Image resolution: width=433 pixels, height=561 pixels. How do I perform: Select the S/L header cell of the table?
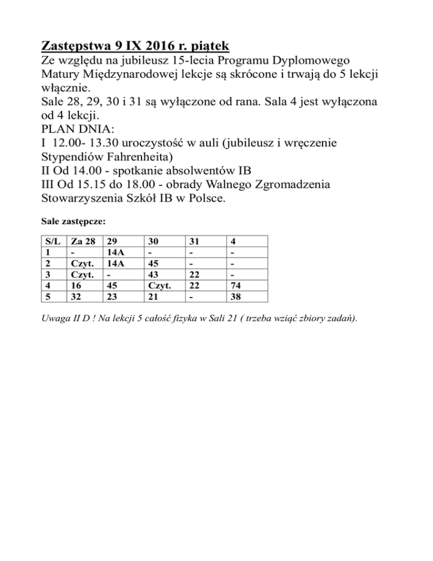tap(52, 241)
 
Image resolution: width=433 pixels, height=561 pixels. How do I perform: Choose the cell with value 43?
tap(152, 275)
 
